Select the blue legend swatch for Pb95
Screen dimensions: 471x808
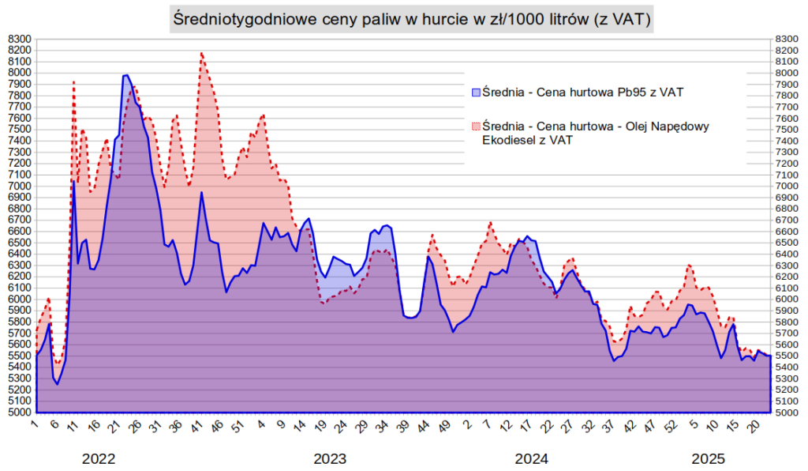point(475,92)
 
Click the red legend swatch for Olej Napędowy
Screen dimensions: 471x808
point(475,126)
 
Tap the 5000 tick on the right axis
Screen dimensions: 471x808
point(790,413)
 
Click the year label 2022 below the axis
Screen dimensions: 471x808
point(99,458)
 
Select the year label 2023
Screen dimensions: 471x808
point(330,458)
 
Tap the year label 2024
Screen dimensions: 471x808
point(532,458)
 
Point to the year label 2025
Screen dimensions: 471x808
point(709,458)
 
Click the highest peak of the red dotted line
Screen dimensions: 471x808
point(202,53)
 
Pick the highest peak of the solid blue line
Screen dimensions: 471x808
point(126,75)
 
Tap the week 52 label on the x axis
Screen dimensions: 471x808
point(672,427)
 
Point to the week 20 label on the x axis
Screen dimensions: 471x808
point(754,427)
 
